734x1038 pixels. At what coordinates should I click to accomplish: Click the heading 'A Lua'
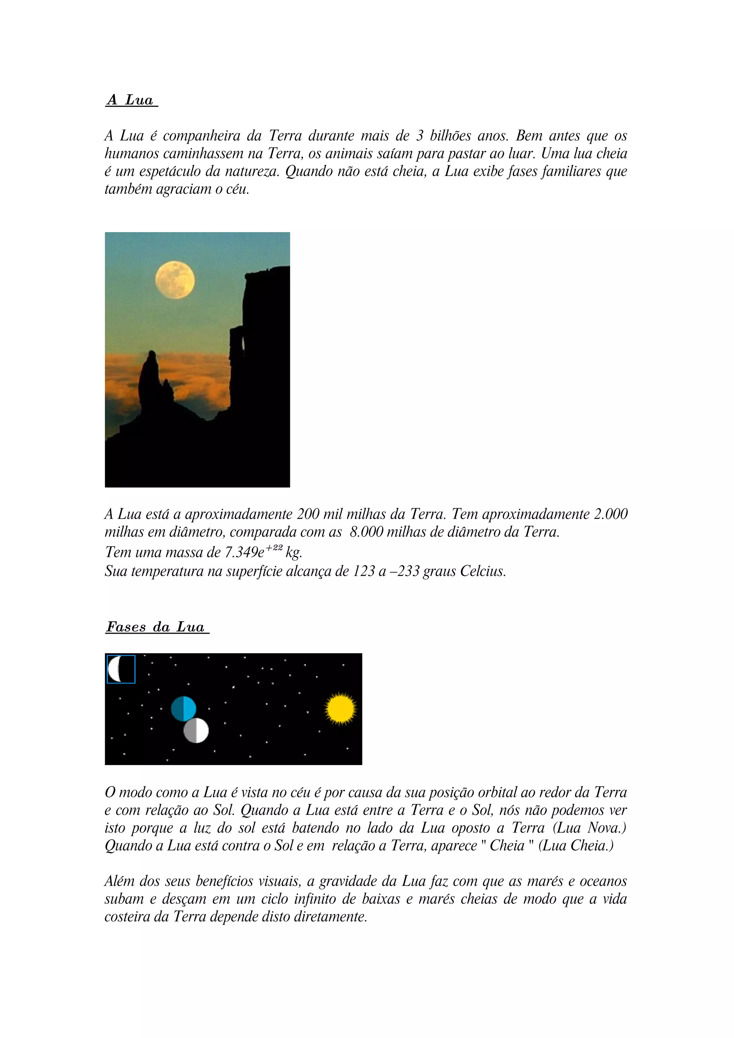131,100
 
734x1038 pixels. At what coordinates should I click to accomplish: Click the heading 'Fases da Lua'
156,627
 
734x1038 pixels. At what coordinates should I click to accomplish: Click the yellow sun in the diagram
340,708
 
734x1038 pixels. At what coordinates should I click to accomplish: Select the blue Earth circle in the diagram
183,708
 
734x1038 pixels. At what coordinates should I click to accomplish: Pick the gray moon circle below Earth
196,731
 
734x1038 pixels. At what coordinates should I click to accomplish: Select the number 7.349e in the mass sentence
244,552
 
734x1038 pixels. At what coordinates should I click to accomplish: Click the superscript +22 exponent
274,548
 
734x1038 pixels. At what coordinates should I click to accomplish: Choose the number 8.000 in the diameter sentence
366,532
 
